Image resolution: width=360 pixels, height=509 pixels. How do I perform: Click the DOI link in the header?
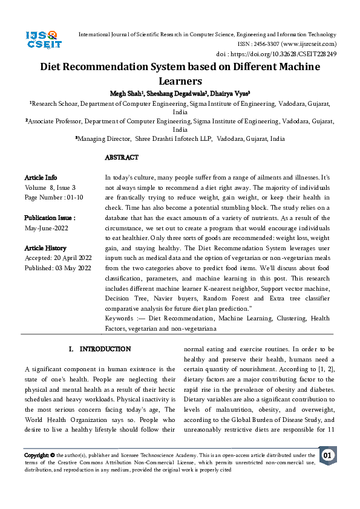click(x=294, y=54)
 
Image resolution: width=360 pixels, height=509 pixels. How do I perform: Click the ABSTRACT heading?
click(x=122, y=158)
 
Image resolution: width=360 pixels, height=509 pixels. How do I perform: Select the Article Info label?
click(x=41, y=178)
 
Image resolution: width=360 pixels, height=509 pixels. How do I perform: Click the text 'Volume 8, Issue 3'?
click(x=50, y=188)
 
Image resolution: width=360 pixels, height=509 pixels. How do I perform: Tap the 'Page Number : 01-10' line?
click(x=54, y=198)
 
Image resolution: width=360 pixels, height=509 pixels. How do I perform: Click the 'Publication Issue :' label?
click(x=50, y=218)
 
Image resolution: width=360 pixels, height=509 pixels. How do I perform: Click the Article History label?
click(x=46, y=248)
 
